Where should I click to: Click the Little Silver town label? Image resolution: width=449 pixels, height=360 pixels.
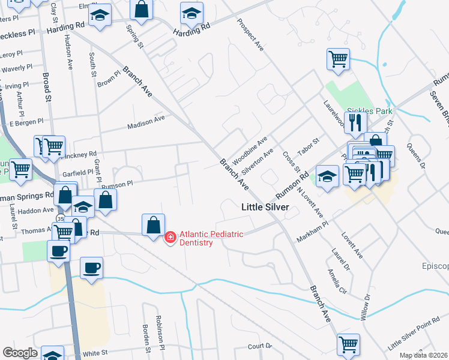point(265,207)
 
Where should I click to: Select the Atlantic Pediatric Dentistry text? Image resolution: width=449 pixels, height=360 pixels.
point(211,238)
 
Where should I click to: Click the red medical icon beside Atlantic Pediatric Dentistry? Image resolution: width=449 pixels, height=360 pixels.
point(170,238)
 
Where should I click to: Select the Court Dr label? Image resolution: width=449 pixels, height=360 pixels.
point(260,346)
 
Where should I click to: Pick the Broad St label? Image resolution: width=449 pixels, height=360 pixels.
point(47,87)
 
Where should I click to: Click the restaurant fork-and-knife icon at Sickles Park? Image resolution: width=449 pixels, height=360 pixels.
point(355,122)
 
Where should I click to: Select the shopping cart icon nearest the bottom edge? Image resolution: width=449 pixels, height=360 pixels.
point(348,344)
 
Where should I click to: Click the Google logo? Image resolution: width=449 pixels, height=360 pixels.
point(20,353)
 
